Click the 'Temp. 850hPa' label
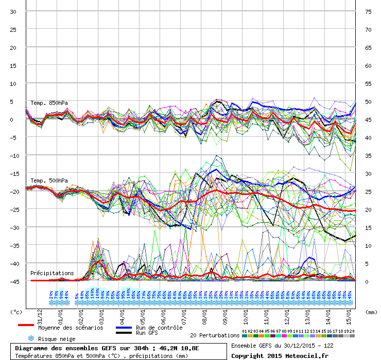pyautogui.click(x=49, y=103)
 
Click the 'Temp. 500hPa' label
pyautogui.click(x=49, y=181)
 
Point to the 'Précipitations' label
pyautogui.click(x=52, y=273)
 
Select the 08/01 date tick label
pyautogui.click(x=205, y=313)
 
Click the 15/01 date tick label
pyautogui.click(x=349, y=313)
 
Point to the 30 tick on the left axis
pyautogui.click(x=14, y=12)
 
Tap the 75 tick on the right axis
pyautogui.click(x=368, y=12)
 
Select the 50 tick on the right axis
pyautogui.click(x=368, y=102)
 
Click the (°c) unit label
pyautogui.click(x=16, y=312)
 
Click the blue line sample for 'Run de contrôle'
pyautogui.click(x=124, y=328)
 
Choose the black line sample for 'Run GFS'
pyautogui.click(x=124, y=333)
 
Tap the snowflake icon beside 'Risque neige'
pyautogui.click(x=30, y=338)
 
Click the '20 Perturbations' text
pyautogui.click(x=215, y=335)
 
